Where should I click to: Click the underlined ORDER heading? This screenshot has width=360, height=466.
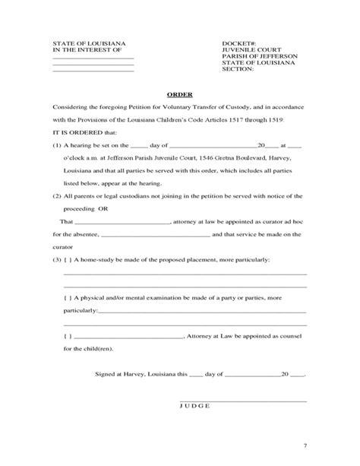[179, 95]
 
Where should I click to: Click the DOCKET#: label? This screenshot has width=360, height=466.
[238, 43]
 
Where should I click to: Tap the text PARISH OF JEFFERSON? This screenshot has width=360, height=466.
[260, 57]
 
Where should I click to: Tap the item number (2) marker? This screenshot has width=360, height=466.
[57, 196]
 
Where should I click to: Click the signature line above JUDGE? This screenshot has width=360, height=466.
[243, 400]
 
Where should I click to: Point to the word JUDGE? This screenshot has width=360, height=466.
[195, 407]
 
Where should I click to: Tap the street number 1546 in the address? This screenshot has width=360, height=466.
[203, 158]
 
